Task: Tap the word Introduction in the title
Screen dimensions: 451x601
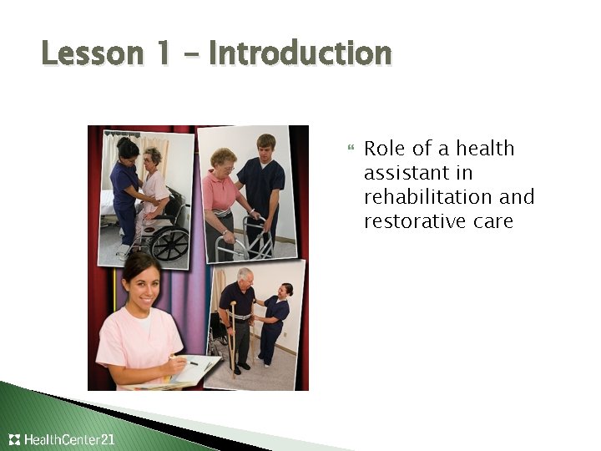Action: coord(300,54)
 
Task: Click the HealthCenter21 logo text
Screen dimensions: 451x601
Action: coord(71,439)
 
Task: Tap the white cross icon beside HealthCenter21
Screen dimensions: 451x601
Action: coord(14,439)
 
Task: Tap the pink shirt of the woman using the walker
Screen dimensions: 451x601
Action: coord(221,192)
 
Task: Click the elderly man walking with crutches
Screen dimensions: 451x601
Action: coord(240,317)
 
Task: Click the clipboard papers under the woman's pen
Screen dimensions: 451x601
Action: coord(196,371)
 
